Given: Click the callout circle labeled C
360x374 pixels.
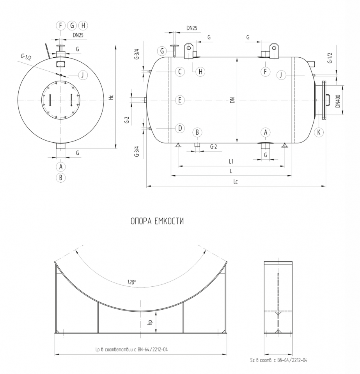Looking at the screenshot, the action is [180, 72].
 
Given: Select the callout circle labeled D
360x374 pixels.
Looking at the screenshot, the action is [180, 128].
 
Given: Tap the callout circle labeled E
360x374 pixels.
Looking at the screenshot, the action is [180, 100].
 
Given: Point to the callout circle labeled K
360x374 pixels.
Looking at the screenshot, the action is [319, 132].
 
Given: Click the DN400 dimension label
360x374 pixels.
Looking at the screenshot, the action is [338, 101].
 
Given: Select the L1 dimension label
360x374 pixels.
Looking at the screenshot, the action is [231, 161].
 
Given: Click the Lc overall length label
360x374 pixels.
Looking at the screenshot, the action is [236, 182].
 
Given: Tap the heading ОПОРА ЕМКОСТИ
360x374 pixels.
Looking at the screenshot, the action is [157, 221].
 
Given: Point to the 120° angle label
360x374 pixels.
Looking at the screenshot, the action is [131, 282].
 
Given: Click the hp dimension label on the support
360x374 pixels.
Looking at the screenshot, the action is [150, 323].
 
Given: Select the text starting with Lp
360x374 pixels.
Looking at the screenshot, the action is [131, 350].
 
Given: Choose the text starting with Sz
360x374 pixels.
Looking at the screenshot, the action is [278, 360].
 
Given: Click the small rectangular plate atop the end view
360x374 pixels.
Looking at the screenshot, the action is [60, 64].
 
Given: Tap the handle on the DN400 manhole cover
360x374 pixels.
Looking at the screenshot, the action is [328, 100].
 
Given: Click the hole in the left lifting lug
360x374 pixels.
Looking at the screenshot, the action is [189, 48].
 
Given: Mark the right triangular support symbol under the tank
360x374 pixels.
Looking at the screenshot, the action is [285, 145].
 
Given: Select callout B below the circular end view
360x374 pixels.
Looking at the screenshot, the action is [60, 178].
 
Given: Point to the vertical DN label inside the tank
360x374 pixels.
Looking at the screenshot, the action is [232, 100].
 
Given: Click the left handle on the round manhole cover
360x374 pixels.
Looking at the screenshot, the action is [50, 100].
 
